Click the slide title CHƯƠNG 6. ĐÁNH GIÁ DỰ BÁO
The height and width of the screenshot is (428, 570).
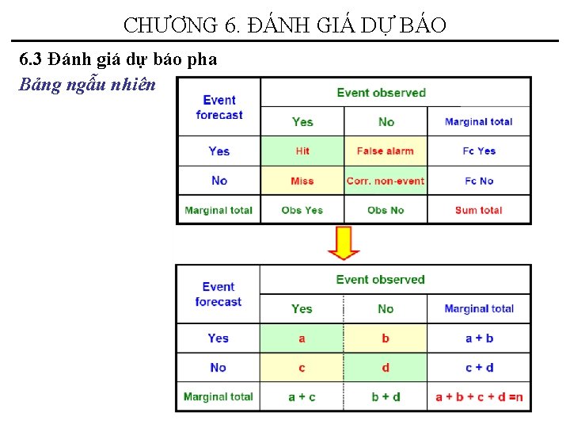(285, 25)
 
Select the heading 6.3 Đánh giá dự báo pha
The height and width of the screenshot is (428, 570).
(118, 59)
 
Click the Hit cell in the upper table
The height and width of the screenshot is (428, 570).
(302, 151)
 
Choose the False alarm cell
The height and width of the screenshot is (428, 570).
(386, 151)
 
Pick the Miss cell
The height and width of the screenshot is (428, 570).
(302, 181)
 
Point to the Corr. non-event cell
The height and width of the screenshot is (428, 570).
(386, 181)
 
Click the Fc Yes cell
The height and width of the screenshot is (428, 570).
(479, 151)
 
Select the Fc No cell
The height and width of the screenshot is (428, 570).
(479, 181)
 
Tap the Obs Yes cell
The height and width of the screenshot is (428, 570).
(302, 210)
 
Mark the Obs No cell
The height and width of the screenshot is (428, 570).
(386, 210)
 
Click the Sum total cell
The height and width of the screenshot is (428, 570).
(479, 210)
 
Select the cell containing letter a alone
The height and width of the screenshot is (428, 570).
(302, 338)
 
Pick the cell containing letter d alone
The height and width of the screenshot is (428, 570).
(386, 368)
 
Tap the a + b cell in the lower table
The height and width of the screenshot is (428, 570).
(479, 338)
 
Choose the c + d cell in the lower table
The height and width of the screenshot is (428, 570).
(479, 368)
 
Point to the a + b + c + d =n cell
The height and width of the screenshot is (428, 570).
(479, 397)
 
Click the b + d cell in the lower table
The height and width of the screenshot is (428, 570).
(386, 397)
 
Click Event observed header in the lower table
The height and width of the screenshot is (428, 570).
(380, 279)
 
